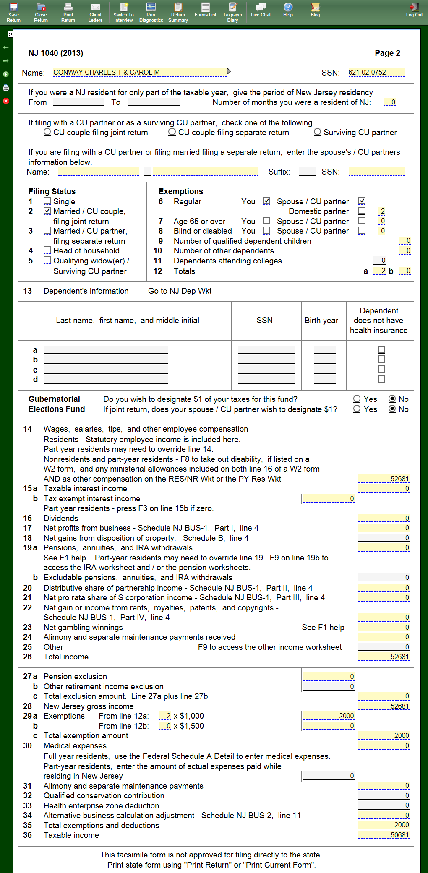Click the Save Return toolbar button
pos(13,12)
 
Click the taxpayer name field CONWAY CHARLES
pos(140,73)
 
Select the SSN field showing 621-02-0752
pos(376,73)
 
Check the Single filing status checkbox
pos(47,201)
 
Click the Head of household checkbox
pos(47,250)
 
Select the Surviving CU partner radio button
pos(318,132)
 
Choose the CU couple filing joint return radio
pos(47,132)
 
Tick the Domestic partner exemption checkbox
pos(362,211)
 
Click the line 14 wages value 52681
pos(384,479)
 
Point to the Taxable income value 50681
pos(384,835)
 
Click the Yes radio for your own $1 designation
pos(357,399)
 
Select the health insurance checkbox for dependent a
pos(381,349)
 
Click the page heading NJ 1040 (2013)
pos(56,53)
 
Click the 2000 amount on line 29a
pos(329,716)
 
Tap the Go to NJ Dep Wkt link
pos(180,291)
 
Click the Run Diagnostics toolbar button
pos(151,12)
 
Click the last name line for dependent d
pos(105,380)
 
